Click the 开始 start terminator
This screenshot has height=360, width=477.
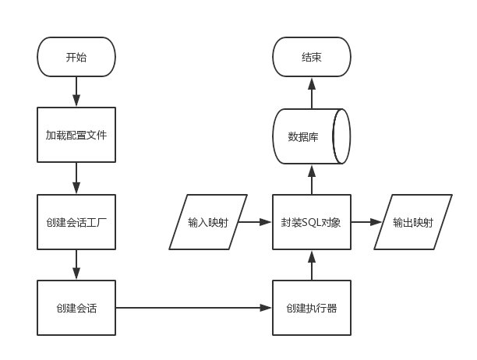click(x=76, y=57)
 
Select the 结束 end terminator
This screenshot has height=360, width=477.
click(x=312, y=57)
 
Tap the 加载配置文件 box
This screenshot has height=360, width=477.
click(x=76, y=135)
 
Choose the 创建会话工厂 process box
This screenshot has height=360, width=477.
click(x=76, y=222)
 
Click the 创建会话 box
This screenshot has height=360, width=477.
click(x=76, y=308)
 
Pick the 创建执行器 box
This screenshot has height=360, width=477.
click(x=312, y=308)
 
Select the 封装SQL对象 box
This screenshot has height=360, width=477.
click(x=312, y=222)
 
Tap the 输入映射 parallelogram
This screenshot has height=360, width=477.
click(x=208, y=222)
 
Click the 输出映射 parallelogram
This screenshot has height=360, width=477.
click(x=413, y=222)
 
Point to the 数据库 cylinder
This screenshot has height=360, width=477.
click(x=312, y=136)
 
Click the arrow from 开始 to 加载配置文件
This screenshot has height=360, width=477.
click(x=76, y=91)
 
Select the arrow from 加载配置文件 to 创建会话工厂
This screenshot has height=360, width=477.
click(x=76, y=178)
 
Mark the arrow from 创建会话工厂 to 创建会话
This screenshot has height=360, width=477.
click(x=76, y=264)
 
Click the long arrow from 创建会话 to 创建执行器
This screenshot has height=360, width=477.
click(x=194, y=308)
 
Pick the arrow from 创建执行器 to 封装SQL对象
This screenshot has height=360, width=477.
click(x=312, y=265)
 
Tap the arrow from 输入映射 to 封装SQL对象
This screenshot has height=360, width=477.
click(x=255, y=222)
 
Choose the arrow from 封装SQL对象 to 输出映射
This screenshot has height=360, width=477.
click(x=366, y=222)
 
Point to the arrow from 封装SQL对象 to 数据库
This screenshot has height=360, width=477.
click(x=312, y=179)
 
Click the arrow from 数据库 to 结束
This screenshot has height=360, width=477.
click(x=312, y=93)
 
